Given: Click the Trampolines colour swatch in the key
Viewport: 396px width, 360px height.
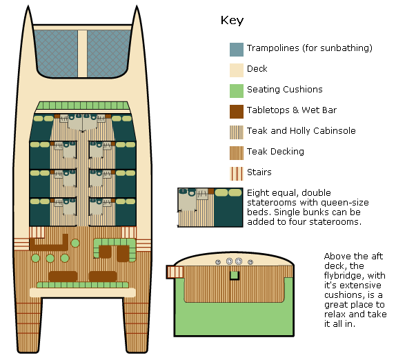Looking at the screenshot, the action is pos(237,50).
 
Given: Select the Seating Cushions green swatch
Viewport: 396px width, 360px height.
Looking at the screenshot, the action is pos(237,91).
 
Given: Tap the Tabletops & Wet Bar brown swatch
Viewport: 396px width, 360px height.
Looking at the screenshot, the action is pos(237,112).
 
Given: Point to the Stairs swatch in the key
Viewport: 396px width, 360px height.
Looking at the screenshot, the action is pos(237,174).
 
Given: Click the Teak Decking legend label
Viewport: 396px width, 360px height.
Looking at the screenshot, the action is pos(275,152).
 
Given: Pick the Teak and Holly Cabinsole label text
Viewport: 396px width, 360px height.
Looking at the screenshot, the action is pos(301,131).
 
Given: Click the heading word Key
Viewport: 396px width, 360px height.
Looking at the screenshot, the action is pos(232,21).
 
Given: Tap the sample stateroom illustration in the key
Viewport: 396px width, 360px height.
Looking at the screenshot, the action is pos(210,208).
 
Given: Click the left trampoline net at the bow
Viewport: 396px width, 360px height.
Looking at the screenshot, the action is pos(56,53).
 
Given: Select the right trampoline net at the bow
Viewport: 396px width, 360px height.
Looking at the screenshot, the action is pos(108,53).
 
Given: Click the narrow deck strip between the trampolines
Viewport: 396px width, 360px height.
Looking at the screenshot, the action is pos(82,54).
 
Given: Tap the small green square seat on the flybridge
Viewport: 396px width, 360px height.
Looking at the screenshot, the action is pos(235,275).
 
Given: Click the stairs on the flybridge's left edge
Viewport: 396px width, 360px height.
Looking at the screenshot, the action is pos(175,272).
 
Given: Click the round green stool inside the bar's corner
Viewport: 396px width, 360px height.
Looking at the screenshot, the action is pos(75,243).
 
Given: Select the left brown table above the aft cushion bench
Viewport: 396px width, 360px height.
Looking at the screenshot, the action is pos(63,277).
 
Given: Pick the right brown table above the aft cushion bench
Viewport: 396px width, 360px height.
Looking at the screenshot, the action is pos(103,277).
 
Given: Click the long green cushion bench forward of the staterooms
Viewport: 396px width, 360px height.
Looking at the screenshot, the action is pos(83,106).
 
